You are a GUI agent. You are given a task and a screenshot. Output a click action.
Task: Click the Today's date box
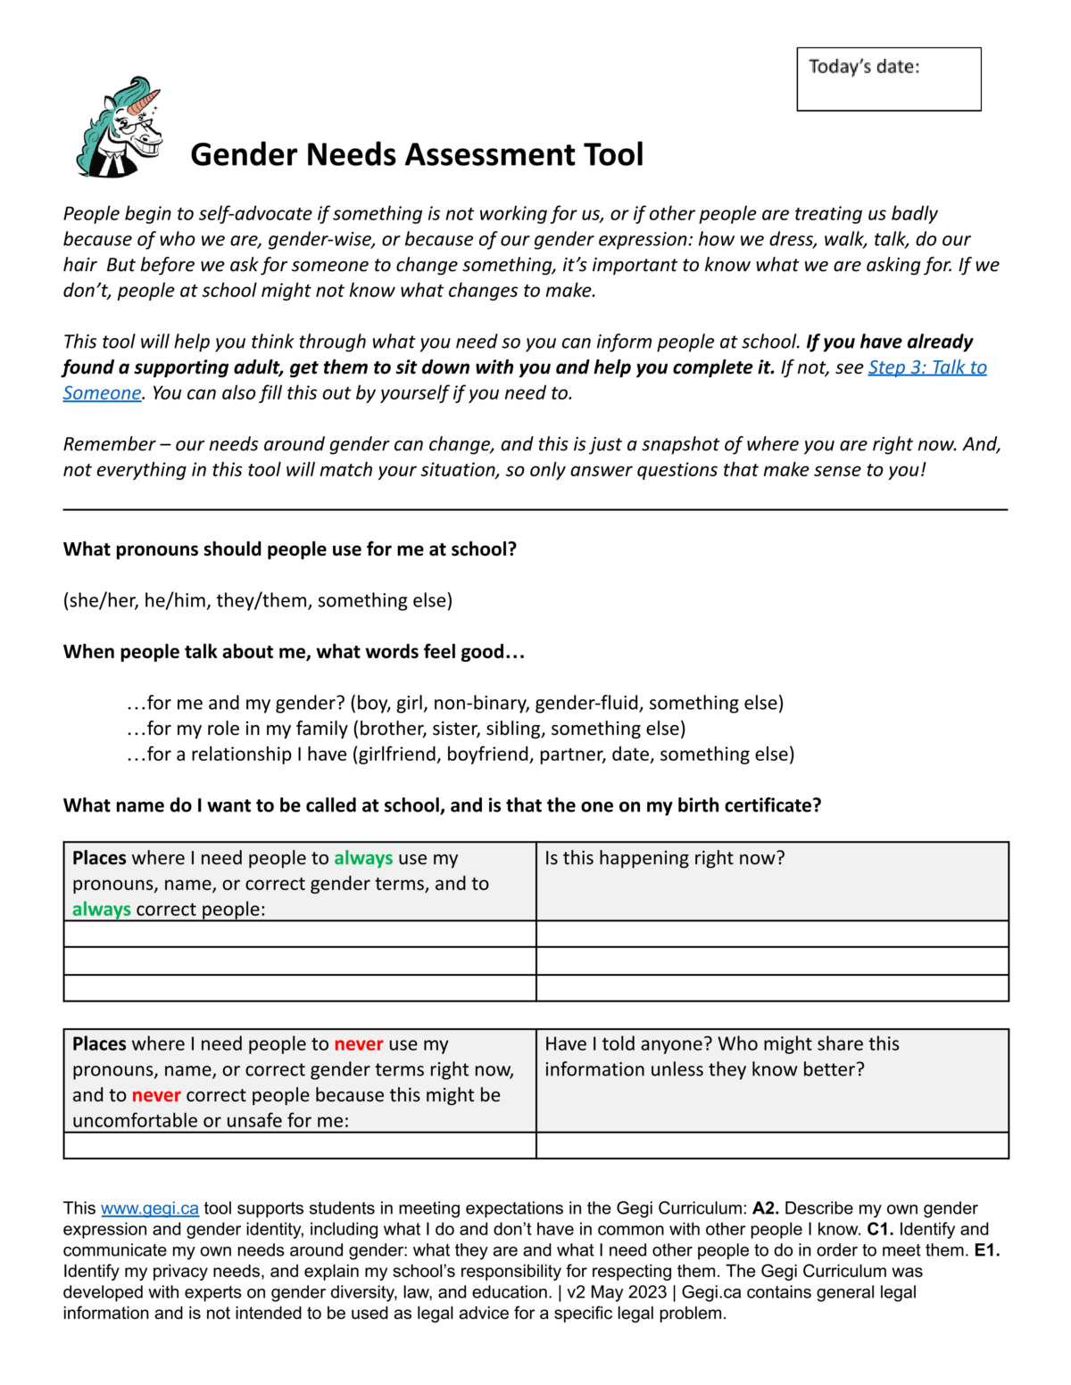(x=888, y=79)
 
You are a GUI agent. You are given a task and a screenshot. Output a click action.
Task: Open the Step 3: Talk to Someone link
(x=926, y=367)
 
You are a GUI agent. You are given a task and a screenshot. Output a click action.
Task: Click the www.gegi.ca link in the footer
(x=150, y=1208)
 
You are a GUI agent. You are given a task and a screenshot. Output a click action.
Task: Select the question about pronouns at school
(x=290, y=549)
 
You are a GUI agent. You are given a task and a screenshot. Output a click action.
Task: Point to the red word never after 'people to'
(x=359, y=1043)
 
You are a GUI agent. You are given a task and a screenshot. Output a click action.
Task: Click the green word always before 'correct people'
(x=101, y=910)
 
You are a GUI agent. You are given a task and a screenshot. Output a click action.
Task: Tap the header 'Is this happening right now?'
(x=665, y=858)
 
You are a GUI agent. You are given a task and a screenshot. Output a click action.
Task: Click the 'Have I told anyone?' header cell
(x=721, y=1056)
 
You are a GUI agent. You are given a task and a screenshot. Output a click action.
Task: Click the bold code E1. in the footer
(x=986, y=1250)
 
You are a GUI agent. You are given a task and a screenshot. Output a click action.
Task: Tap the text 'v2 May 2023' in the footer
(x=617, y=1292)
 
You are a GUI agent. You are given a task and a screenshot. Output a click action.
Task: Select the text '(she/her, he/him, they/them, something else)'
(x=258, y=600)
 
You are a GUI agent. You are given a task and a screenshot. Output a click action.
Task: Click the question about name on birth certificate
(x=442, y=805)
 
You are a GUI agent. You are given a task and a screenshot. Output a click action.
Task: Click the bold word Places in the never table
(x=99, y=1043)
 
